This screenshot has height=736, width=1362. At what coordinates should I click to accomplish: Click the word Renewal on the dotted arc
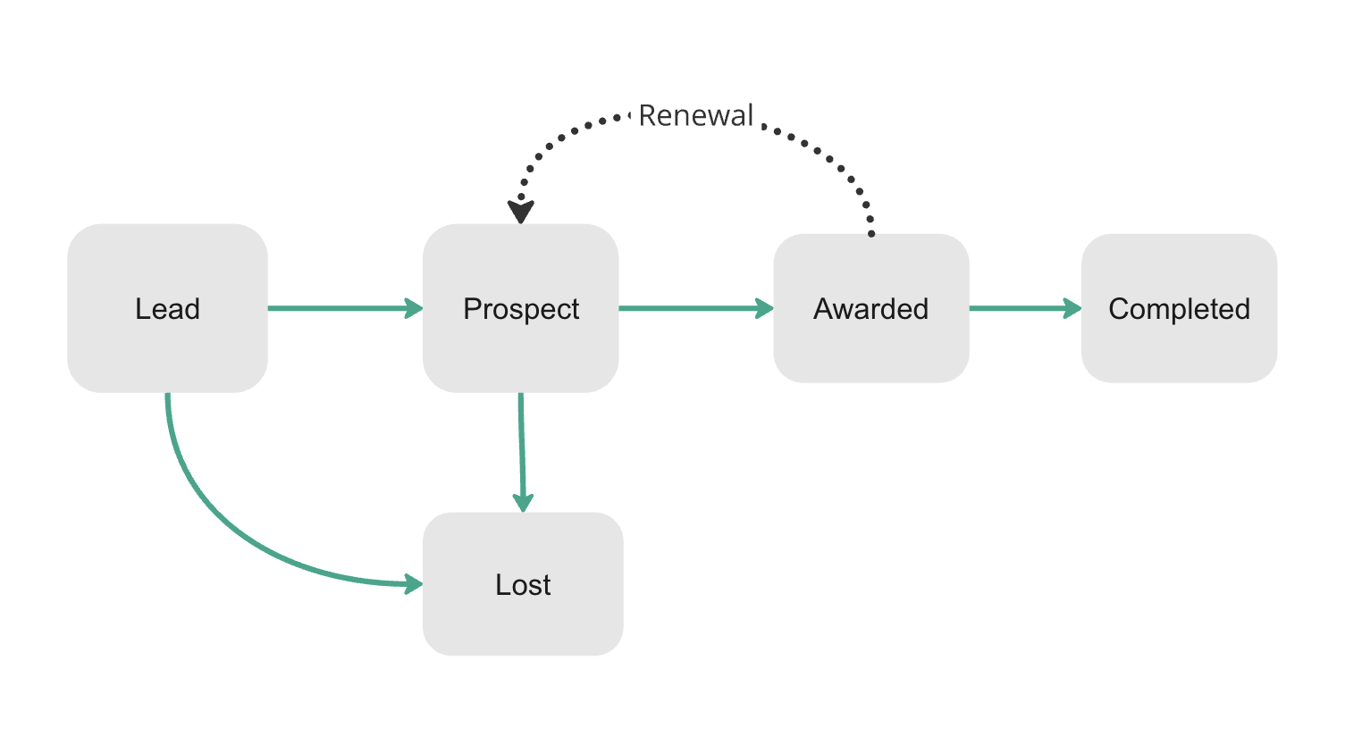click(696, 115)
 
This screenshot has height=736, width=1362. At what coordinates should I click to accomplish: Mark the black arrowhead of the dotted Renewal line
click(521, 212)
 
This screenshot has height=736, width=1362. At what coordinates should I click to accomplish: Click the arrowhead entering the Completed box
click(1072, 308)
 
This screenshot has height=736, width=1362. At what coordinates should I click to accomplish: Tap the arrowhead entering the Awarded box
click(764, 308)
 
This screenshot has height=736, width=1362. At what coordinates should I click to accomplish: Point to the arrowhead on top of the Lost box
click(524, 502)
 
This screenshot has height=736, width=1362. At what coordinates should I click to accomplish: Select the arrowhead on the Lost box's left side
click(413, 584)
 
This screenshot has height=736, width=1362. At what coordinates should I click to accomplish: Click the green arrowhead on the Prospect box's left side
click(413, 308)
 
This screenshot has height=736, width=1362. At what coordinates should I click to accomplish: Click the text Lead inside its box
click(167, 309)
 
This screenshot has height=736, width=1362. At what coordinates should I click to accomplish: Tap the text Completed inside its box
click(1179, 309)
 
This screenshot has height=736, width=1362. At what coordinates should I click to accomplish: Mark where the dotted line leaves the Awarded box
click(871, 232)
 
